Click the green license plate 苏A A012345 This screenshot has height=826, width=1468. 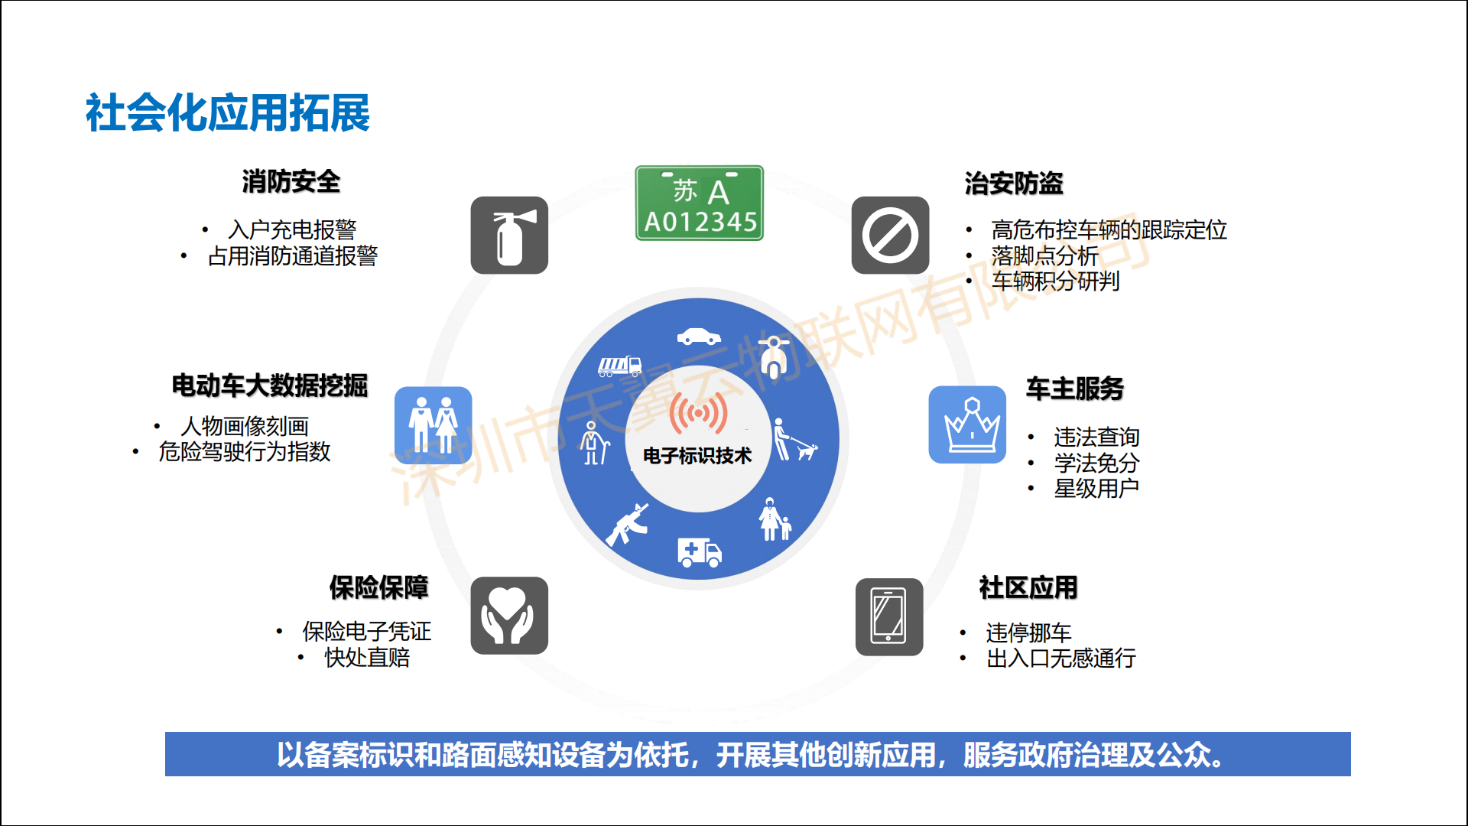699,203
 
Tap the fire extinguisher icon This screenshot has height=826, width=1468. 509,236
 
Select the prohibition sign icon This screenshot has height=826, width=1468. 891,236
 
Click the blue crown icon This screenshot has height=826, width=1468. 967,424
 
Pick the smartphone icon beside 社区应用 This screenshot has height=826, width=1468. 889,616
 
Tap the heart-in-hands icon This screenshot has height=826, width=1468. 509,616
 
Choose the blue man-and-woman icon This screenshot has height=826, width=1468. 434,425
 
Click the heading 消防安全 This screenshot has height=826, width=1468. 291,182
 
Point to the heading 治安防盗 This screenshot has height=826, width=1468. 1014,184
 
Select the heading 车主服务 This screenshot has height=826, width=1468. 1075,389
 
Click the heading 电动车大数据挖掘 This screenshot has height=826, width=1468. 270,385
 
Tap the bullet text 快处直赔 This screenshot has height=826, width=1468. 367,657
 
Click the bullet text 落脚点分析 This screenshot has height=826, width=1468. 1044,255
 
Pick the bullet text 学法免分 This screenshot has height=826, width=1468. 1096,463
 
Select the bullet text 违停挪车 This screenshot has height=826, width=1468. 1028,633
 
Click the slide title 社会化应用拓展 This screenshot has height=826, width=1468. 228,113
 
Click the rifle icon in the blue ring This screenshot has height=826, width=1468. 628,525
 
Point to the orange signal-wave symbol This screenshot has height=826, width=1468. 698,413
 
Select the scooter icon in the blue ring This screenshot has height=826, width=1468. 775,357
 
